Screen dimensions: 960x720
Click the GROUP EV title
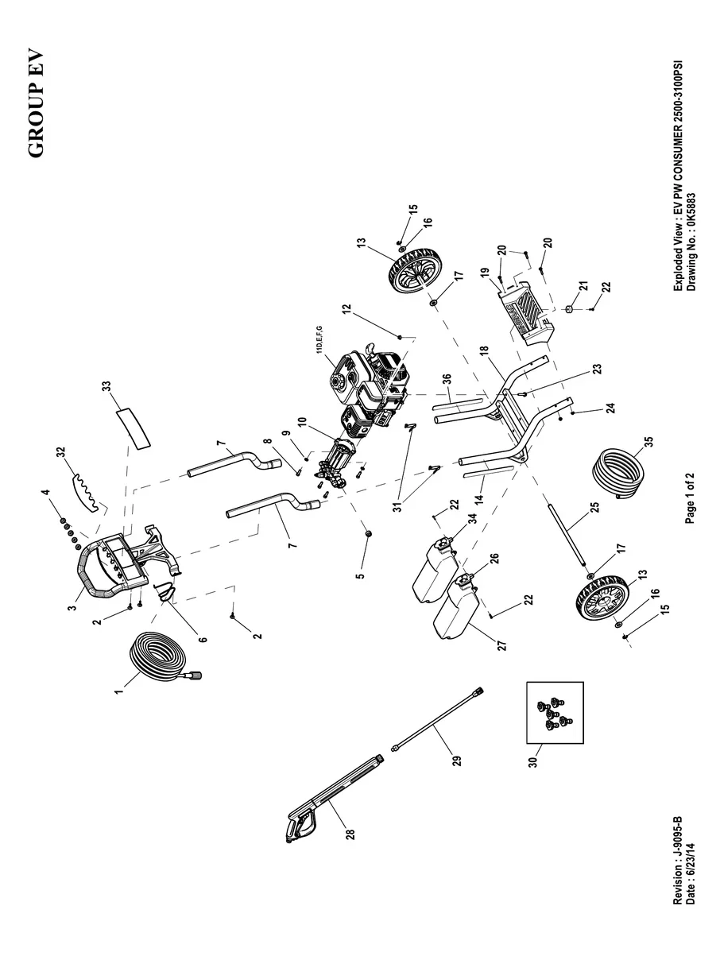pos(37,105)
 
